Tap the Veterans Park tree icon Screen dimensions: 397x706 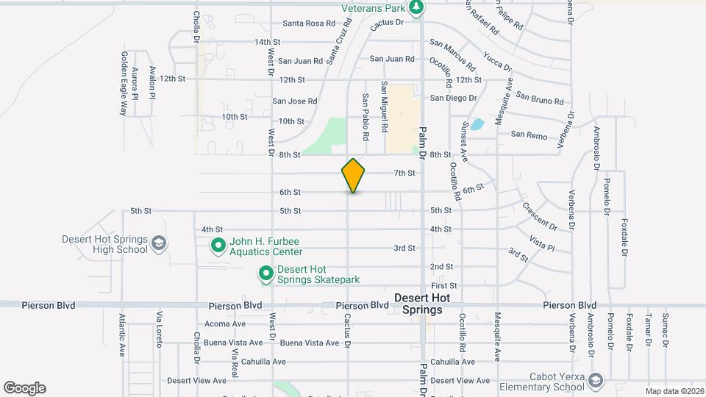[x=417, y=7]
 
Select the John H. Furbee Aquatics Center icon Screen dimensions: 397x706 [x=218, y=246]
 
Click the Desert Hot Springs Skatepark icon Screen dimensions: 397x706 [x=265, y=275]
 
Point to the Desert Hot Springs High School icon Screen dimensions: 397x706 [x=158, y=243]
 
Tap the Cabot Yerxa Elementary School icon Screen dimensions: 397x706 [x=595, y=381]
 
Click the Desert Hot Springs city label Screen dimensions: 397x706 [x=418, y=304]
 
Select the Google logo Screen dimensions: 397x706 [x=24, y=388]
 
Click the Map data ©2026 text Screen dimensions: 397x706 [x=674, y=391]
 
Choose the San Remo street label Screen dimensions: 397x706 [x=529, y=135]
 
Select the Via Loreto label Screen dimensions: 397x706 [x=158, y=329]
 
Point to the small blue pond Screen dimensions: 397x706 [x=477, y=124]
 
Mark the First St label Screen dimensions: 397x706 [x=444, y=285]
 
